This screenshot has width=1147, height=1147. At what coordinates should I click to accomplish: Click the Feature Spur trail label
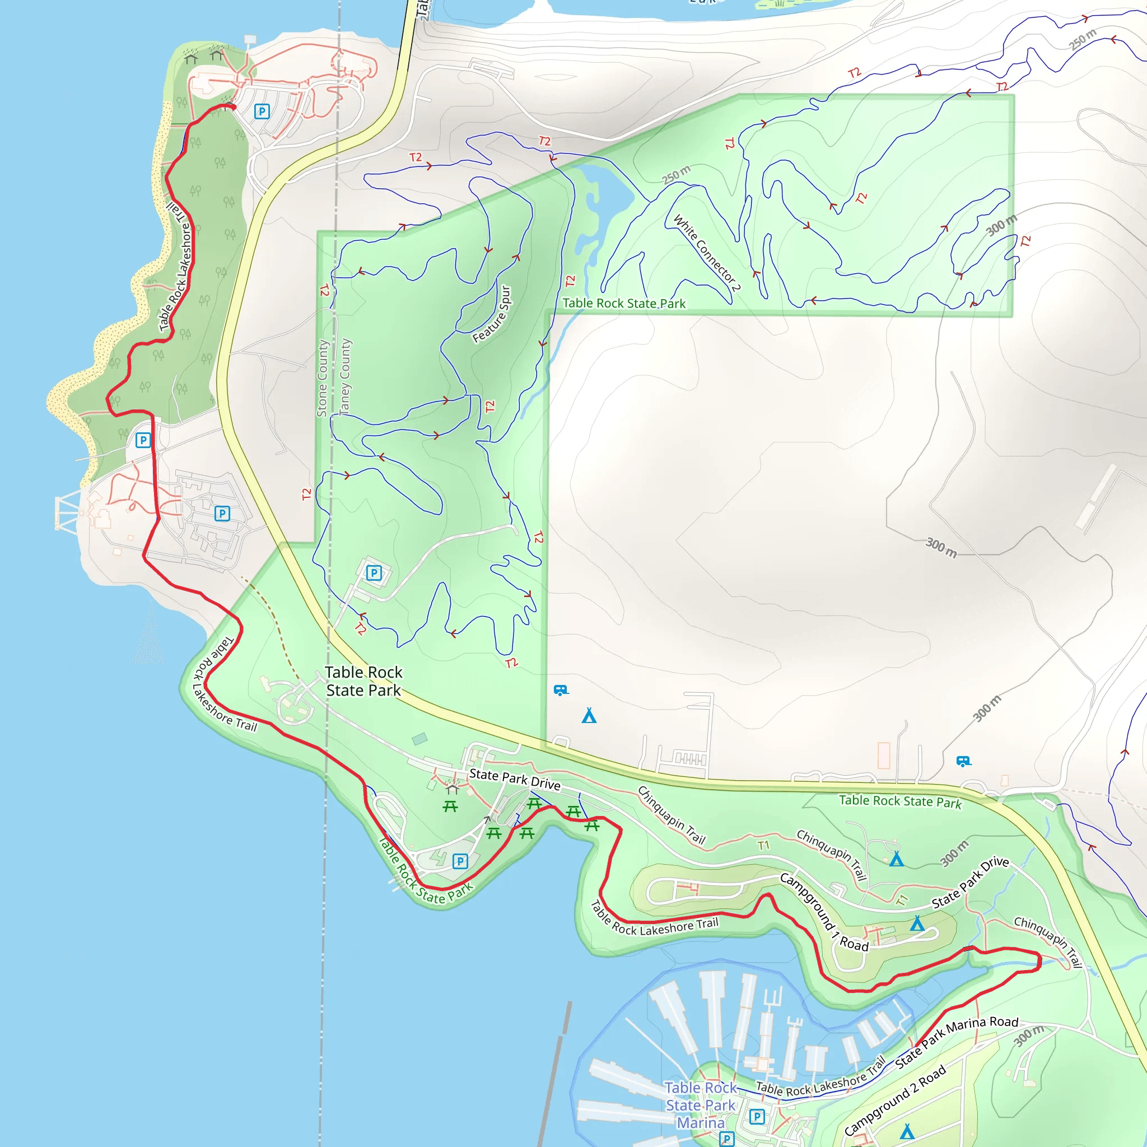coord(492,314)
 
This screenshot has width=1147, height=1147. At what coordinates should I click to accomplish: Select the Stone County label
coord(323,378)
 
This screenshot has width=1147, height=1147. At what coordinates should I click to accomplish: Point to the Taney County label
coord(345,376)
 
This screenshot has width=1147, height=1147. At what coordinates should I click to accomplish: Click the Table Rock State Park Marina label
coord(701,1105)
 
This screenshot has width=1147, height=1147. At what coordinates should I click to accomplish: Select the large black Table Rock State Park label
coord(363,681)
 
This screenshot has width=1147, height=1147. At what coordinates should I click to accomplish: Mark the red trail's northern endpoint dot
coord(233,107)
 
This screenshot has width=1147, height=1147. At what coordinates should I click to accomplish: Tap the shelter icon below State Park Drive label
coord(453,789)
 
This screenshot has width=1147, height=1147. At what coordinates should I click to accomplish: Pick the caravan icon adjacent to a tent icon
coord(561,690)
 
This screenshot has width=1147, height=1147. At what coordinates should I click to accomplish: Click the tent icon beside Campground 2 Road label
coord(907,1131)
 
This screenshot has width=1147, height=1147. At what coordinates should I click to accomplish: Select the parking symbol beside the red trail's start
coord(262,111)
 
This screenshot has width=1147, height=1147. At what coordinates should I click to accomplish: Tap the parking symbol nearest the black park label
coord(374,573)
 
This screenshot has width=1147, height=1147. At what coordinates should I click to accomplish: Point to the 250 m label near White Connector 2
coord(676,175)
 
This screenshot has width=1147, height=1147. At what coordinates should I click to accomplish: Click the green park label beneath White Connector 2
coord(624,304)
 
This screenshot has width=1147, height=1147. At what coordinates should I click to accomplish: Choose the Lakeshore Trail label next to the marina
coord(820,1081)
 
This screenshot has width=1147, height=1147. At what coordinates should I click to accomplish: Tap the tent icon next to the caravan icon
coord(589,715)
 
